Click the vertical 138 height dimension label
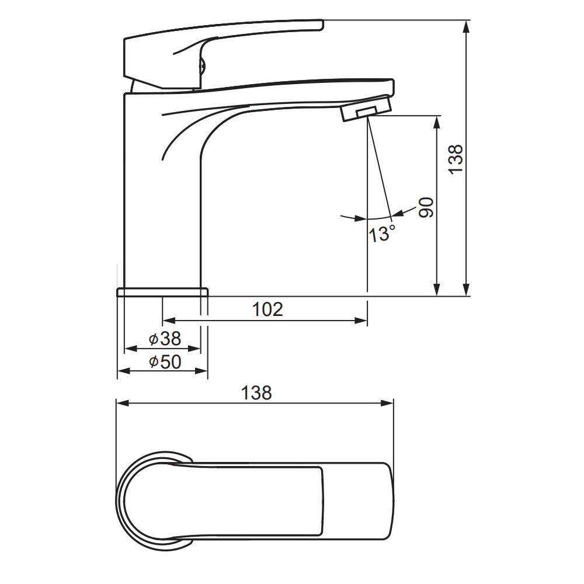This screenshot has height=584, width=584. tap(456, 159)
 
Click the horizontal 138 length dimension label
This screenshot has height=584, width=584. tap(256, 393)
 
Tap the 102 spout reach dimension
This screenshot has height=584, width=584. tap(267, 309)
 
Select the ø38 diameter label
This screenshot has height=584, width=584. tap(165, 339)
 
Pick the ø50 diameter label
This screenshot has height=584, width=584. tap(165, 361)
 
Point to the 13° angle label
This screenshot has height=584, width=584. tap(382, 234)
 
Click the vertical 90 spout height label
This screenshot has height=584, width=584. tap(426, 207)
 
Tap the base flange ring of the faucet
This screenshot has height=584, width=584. tap(162, 292)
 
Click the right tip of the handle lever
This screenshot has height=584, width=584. tap(322, 25)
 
